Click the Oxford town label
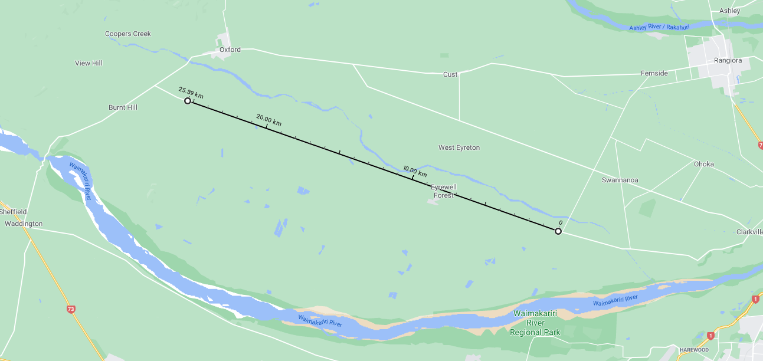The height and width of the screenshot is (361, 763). click(230, 50)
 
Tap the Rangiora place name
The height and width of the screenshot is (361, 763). click(728, 61)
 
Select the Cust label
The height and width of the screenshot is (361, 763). click(450, 75)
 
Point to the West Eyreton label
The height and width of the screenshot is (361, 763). click(459, 147)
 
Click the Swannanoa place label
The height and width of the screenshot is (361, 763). click(620, 180)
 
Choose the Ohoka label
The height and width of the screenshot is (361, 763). click(703, 164)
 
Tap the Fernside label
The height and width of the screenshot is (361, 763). click(654, 74)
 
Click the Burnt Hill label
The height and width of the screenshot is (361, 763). click(123, 107)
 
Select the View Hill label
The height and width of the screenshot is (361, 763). click(89, 63)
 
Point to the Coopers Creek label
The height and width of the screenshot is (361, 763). click(128, 34)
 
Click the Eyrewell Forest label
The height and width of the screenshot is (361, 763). click(443, 191)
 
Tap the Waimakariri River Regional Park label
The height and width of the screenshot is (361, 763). click(535, 323)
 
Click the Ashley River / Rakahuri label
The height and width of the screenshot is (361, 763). click(659, 28)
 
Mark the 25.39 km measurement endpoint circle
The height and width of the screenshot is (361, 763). click(188, 101)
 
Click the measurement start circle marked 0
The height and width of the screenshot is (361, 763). click(558, 231)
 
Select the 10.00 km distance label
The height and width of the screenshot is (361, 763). click(415, 172)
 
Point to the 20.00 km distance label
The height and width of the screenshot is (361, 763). click(268, 120)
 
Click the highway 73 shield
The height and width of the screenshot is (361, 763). click(71, 309)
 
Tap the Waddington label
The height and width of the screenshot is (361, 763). click(24, 224)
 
